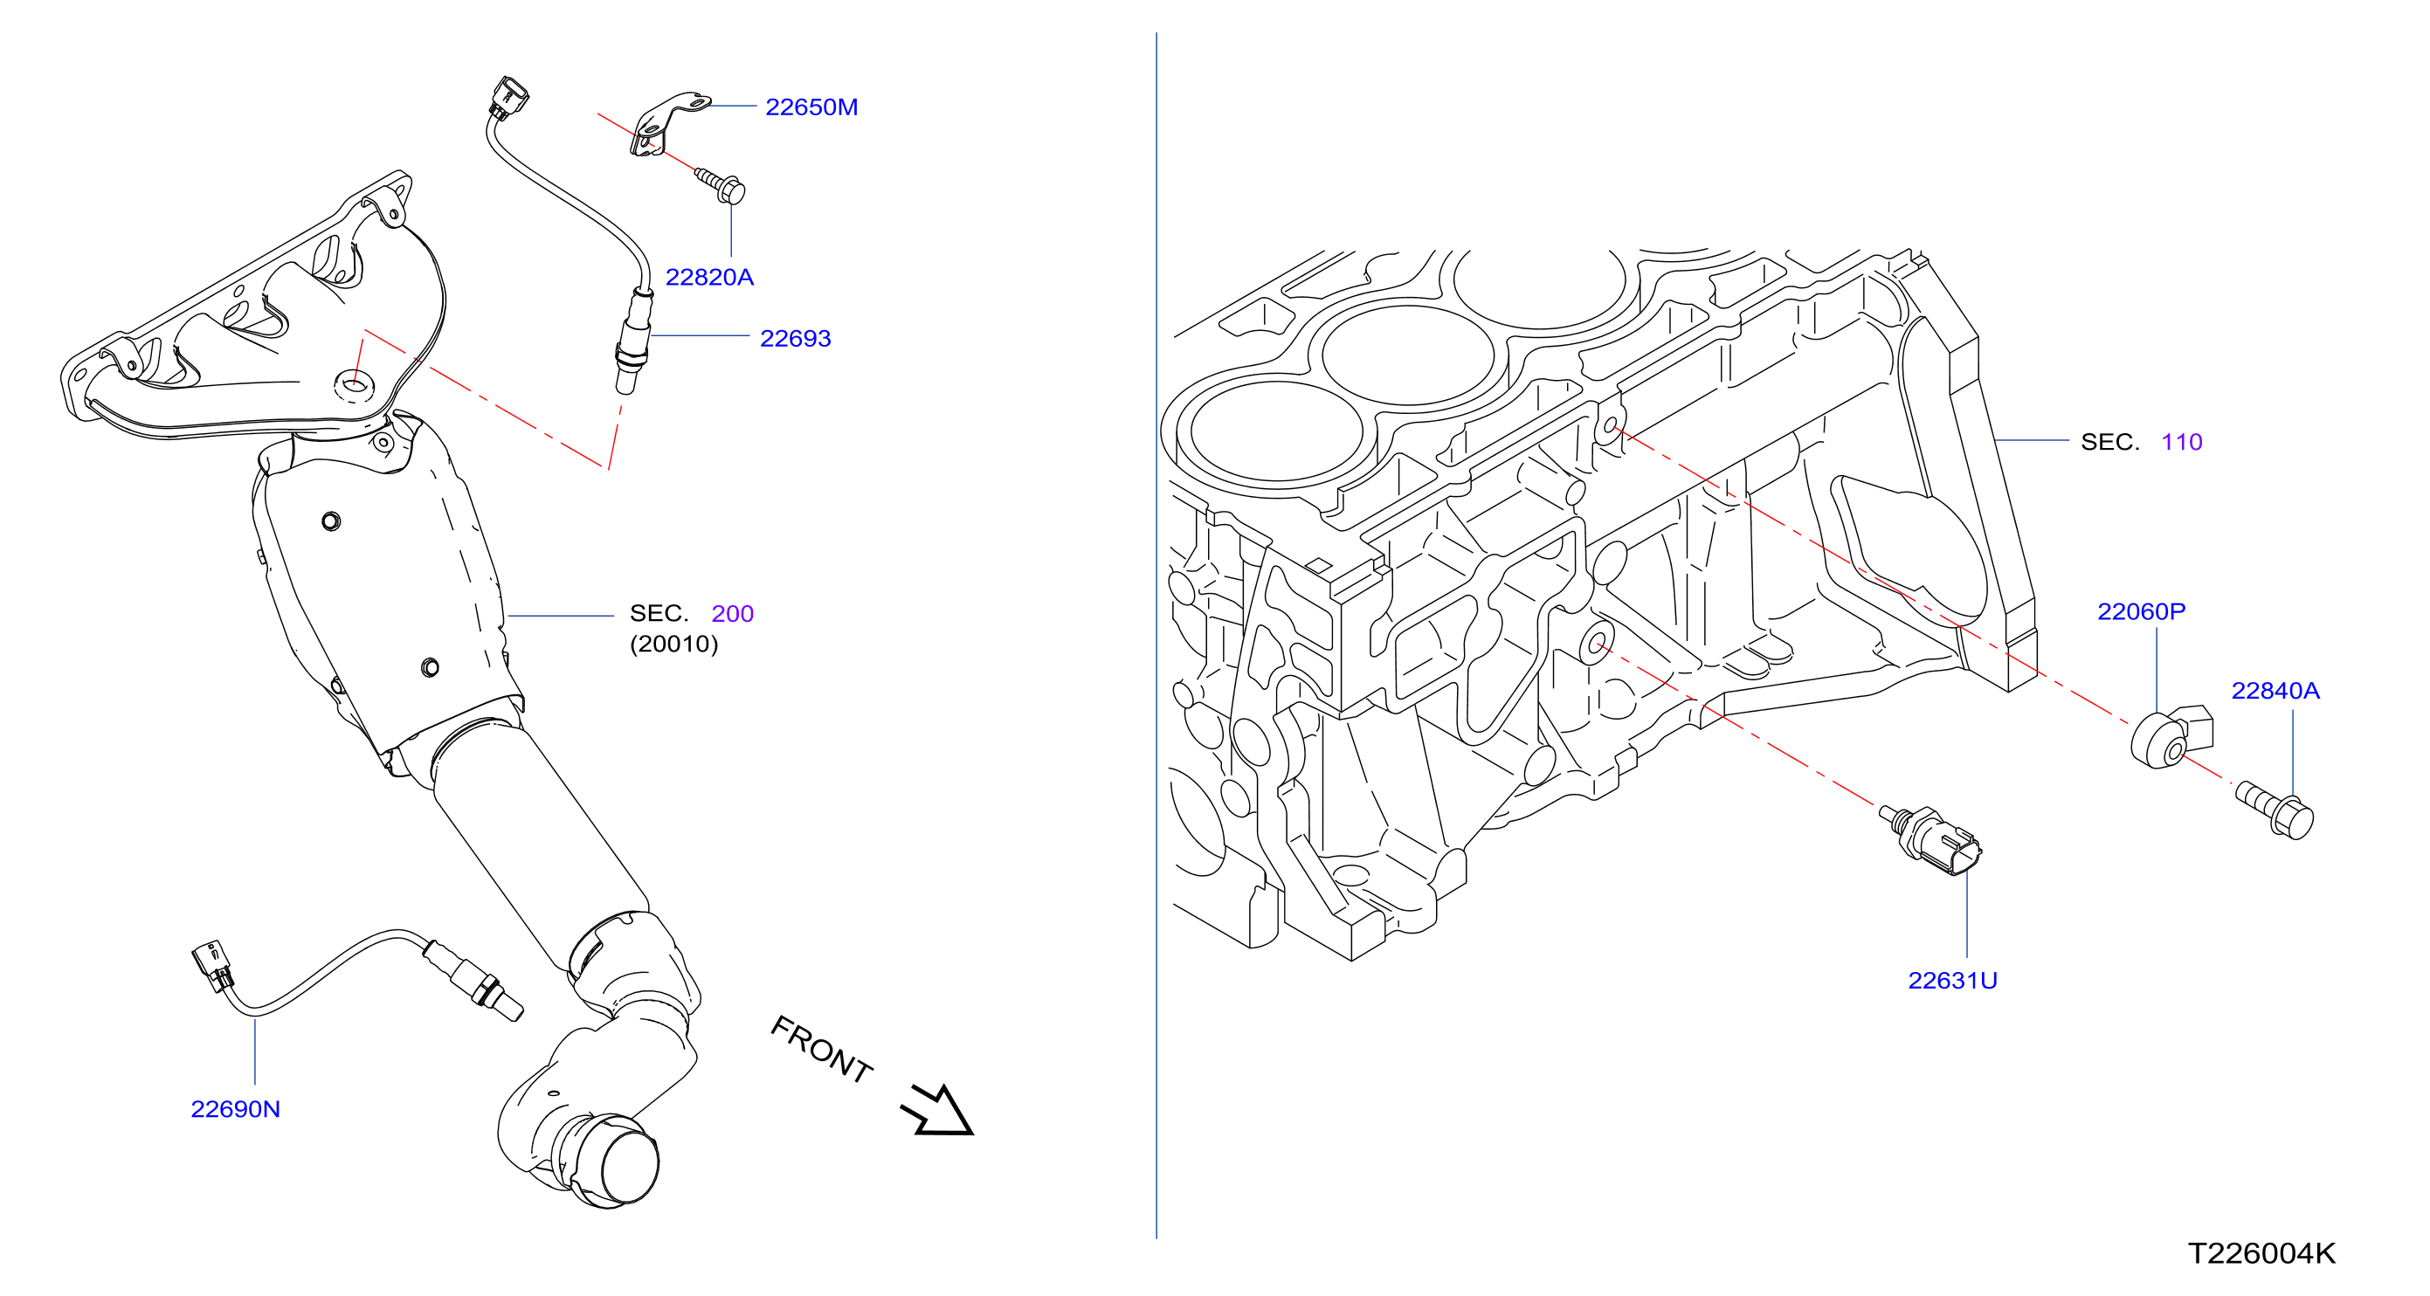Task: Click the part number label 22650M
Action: (811, 107)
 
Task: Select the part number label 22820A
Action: (709, 278)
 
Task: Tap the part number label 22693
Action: (795, 339)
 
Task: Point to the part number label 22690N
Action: (236, 1109)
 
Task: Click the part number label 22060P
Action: (2142, 612)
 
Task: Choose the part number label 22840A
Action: (2275, 692)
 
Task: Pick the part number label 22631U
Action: (1953, 981)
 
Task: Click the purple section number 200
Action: (732, 614)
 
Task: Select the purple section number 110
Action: (2181, 443)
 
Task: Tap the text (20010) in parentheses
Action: (673, 645)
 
